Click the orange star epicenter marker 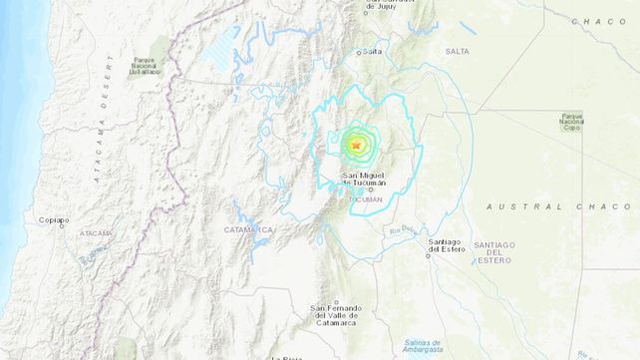tap(356, 146)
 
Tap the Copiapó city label tap(54, 220)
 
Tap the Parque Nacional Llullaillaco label tap(145, 66)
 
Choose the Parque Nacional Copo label tap(571, 123)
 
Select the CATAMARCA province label tap(253, 230)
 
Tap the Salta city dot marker tap(360, 51)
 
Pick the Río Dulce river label tap(400, 232)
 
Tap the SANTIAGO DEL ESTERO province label tap(493, 253)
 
